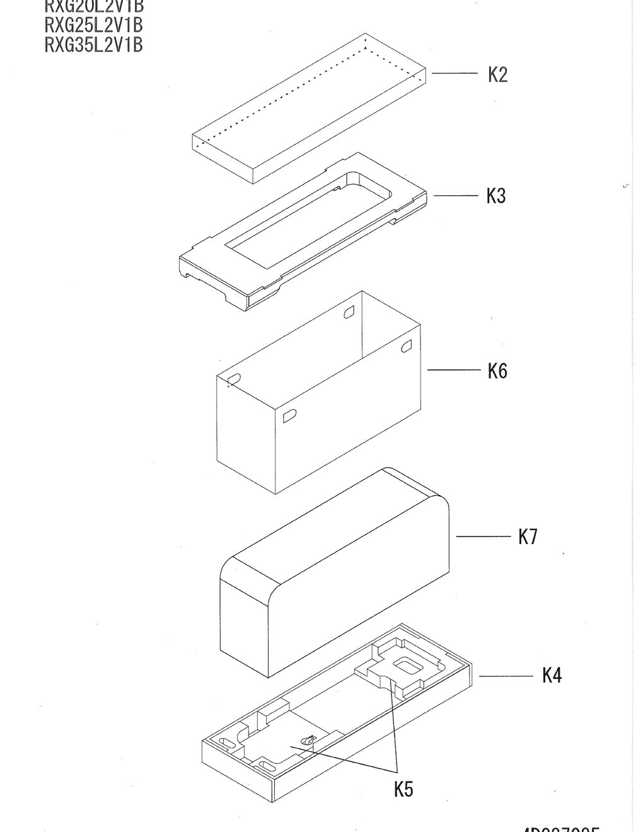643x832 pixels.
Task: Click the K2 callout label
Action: pos(497,75)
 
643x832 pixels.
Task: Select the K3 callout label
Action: pos(496,196)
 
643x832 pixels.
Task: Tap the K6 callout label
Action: pos(497,371)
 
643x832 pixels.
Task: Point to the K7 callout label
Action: pos(528,537)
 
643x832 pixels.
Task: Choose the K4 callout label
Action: pos(552,676)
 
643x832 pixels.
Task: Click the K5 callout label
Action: pos(403,789)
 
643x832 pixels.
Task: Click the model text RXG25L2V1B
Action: pos(94,25)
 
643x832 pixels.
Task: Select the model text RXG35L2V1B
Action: pos(94,45)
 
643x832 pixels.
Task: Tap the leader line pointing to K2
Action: pos(454,74)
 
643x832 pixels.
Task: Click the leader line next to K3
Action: pos(455,195)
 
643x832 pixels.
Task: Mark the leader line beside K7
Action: pos(483,536)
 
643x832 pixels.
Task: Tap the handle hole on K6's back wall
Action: pos(349,311)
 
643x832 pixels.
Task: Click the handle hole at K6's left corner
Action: pos(234,379)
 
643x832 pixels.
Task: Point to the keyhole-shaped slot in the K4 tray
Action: pos(307,741)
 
